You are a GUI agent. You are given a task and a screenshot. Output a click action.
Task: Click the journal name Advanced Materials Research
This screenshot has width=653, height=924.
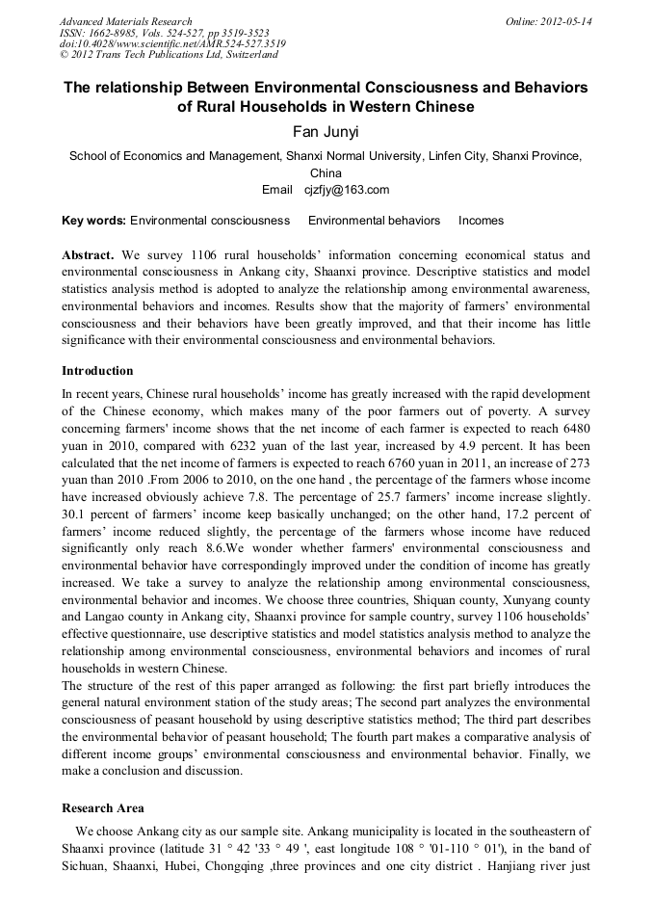pos(125,21)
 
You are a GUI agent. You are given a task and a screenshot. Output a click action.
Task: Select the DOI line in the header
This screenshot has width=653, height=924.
pos(172,44)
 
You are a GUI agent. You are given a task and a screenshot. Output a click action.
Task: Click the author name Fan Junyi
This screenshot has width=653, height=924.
pos(326,132)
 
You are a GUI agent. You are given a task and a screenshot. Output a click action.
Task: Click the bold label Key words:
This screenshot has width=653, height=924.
pos(93,221)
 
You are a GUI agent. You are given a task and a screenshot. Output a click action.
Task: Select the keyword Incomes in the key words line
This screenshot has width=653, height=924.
pos(481,221)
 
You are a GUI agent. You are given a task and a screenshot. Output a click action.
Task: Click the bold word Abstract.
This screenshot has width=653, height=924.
pos(88,255)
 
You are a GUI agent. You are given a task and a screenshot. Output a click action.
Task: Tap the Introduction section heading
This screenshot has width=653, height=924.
pos(97,371)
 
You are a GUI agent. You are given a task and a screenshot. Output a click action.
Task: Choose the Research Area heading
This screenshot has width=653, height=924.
pos(104,807)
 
